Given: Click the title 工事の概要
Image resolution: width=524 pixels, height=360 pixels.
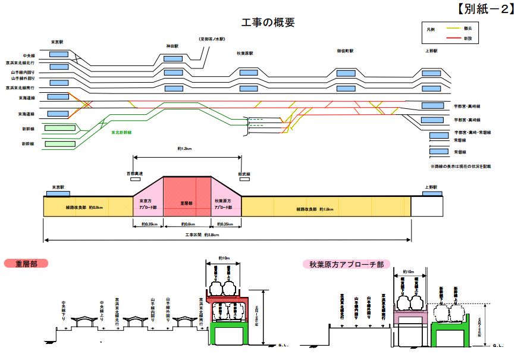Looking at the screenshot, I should click(x=268, y=23).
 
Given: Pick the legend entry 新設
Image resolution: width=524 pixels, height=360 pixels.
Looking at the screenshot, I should click(x=468, y=38).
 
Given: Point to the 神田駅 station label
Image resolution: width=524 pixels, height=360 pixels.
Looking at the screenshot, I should click(x=173, y=46).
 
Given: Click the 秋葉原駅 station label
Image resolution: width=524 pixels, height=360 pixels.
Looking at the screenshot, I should click(x=245, y=52).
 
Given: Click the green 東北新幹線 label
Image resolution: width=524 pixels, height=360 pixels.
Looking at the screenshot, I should click(x=121, y=132).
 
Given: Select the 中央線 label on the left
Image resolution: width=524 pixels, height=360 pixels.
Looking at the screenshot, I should click(x=29, y=55).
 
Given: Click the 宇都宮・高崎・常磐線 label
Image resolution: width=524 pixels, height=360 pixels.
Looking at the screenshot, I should click(x=472, y=132).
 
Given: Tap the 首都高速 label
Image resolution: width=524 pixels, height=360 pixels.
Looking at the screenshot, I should click(x=135, y=173).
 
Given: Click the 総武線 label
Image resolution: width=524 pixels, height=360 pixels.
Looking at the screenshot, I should click(x=244, y=173).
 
